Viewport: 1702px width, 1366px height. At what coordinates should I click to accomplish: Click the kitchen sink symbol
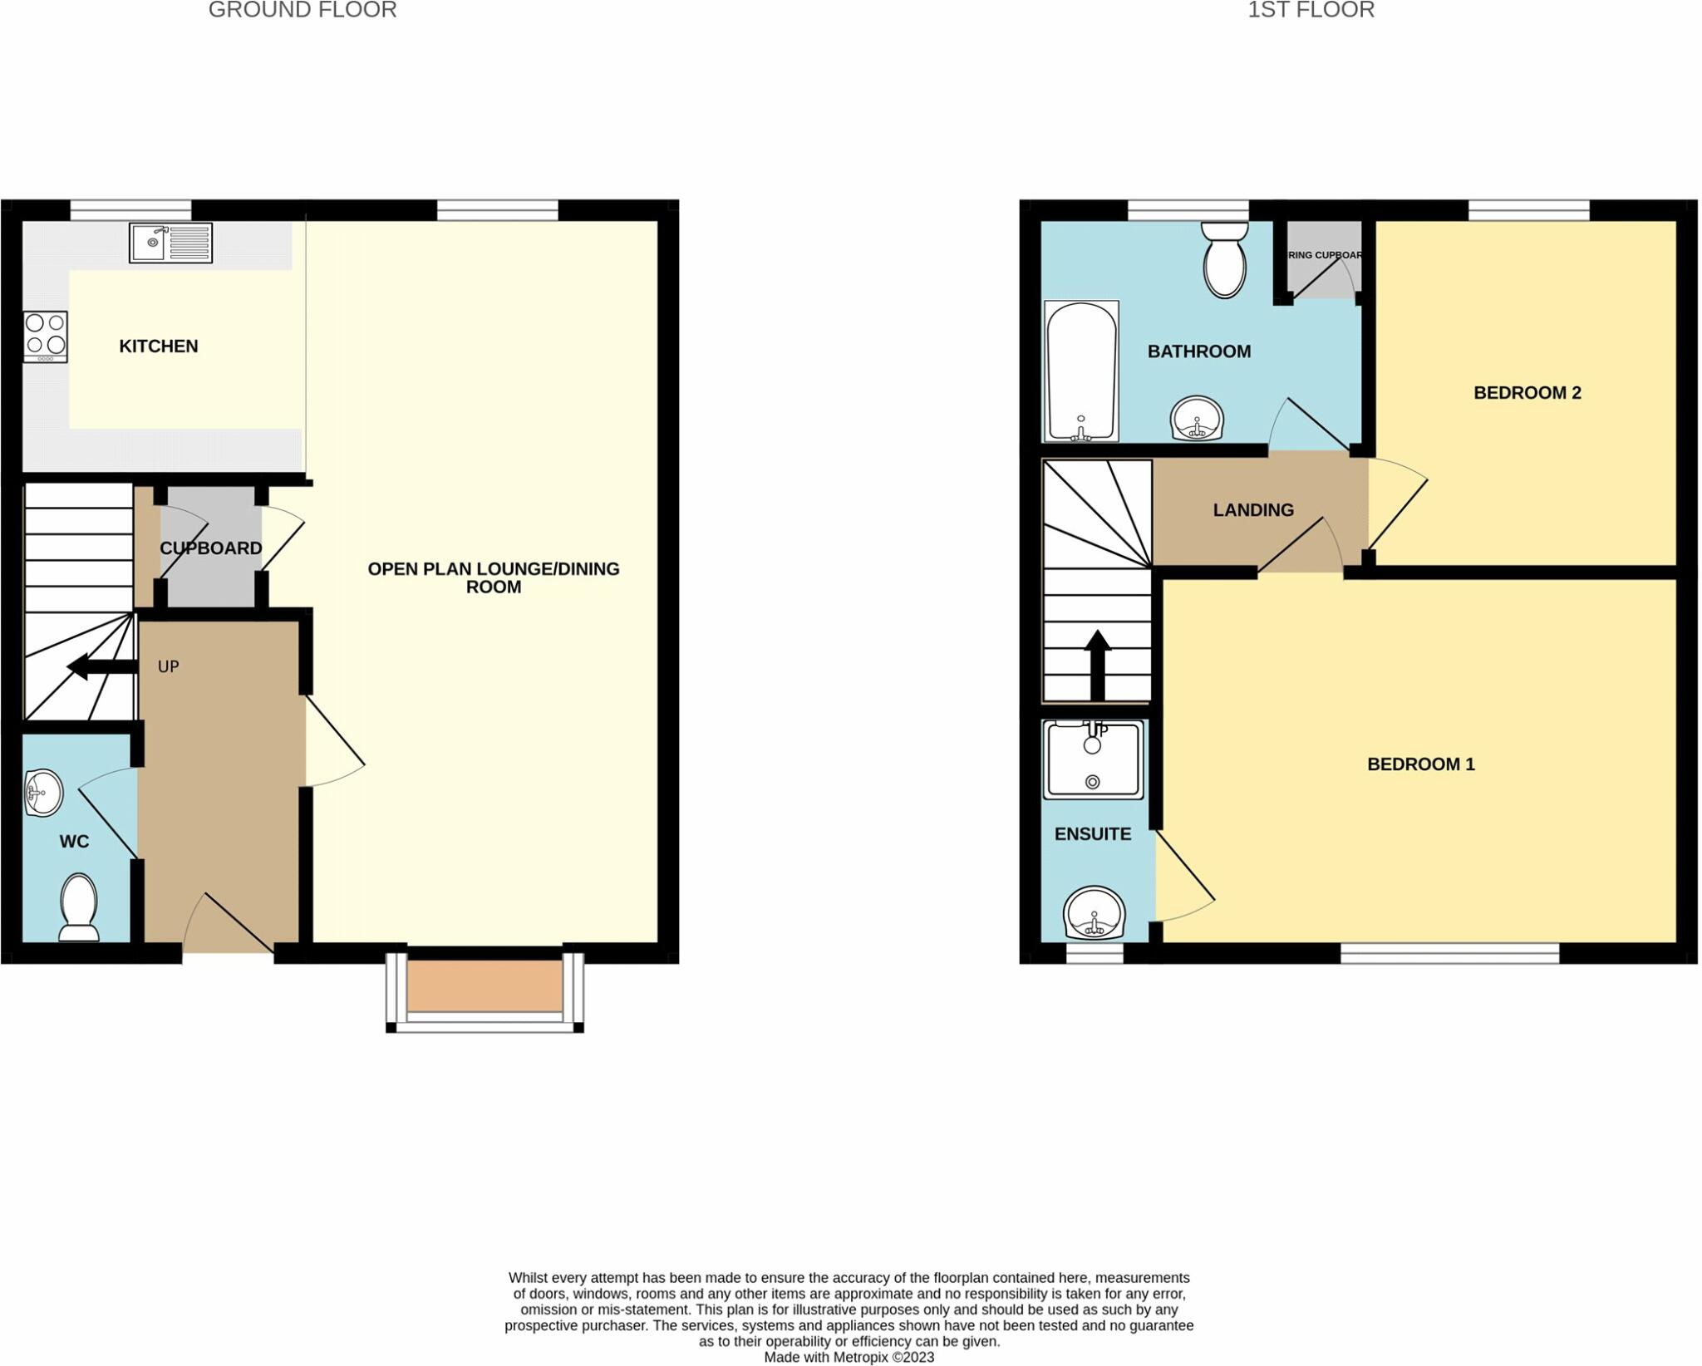click(170, 243)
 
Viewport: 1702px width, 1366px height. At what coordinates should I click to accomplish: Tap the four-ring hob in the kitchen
click(46, 336)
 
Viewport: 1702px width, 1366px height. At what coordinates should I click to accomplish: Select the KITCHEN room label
click(158, 346)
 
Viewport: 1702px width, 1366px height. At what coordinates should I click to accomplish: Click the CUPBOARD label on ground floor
click(210, 548)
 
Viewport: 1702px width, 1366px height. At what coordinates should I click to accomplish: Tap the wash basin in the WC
click(43, 793)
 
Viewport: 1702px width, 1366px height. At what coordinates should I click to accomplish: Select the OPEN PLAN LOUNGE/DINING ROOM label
click(494, 577)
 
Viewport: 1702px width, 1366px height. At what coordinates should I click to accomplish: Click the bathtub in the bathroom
click(1080, 371)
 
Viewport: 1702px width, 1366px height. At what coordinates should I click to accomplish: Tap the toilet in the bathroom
click(1224, 259)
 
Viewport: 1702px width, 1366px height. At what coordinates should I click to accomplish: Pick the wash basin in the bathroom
click(1197, 418)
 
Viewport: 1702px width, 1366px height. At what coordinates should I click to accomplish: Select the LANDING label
click(1253, 510)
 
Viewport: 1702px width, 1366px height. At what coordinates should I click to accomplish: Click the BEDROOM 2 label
click(1527, 393)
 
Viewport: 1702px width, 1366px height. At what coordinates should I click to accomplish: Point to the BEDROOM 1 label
click(1420, 764)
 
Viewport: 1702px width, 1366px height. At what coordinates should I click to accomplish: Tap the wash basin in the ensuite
click(1094, 912)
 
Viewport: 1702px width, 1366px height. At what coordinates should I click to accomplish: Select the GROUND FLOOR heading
click(303, 10)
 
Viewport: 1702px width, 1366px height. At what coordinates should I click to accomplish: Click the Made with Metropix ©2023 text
click(849, 1358)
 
